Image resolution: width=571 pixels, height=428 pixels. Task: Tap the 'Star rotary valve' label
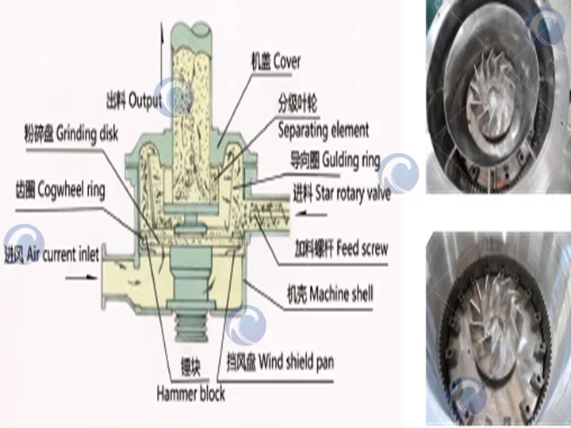point(341,193)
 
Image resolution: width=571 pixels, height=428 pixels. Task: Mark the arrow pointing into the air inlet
point(79,277)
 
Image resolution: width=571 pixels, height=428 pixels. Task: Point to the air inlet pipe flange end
point(102,282)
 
